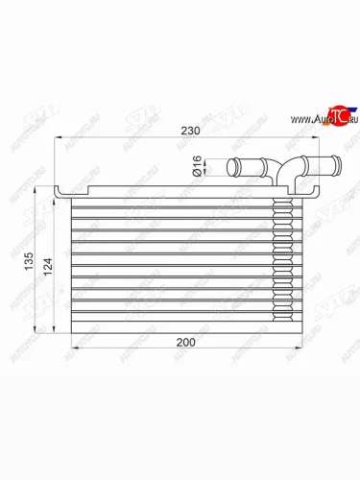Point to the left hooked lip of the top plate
coord(59,194)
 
